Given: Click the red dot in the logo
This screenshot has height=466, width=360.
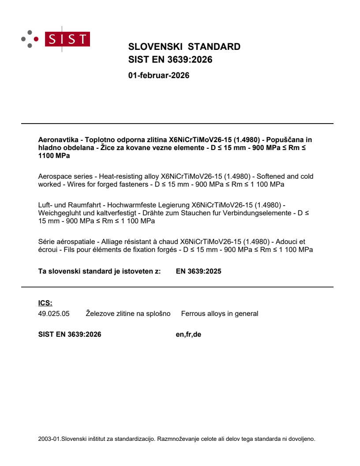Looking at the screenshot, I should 36,39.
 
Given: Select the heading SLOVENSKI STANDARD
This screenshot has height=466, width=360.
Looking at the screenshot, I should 184,47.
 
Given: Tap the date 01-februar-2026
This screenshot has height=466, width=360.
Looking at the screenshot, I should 159,75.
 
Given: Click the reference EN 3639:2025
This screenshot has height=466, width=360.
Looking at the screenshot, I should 199,271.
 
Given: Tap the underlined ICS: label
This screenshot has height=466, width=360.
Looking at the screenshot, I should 45,303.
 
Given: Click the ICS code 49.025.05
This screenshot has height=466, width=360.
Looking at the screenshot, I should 54,314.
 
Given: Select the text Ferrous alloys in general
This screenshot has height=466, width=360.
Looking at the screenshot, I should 220,314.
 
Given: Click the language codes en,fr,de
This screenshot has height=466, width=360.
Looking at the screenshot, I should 188,334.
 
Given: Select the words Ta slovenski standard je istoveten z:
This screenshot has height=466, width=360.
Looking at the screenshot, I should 100,271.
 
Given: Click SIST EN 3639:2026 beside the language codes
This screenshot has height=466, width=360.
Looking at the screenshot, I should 70,334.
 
